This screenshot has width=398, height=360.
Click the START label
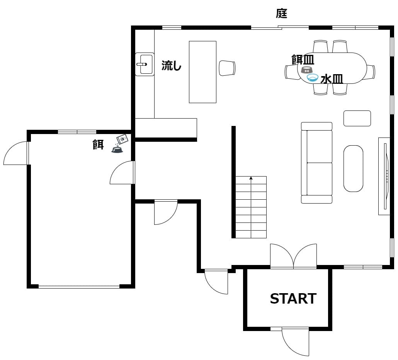point(293,299)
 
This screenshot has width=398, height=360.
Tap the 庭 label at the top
point(281,13)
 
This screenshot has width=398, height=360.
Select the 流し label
point(171,65)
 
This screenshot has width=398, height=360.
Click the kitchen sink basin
point(145,64)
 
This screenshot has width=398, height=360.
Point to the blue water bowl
point(313,78)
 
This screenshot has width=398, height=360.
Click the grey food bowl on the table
point(307,70)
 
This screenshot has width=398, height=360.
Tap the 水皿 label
point(332,79)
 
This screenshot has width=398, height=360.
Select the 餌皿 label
point(303,59)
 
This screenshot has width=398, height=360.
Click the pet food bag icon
point(122,139)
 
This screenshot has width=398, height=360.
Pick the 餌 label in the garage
point(98,144)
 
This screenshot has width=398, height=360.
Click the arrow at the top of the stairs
point(251,178)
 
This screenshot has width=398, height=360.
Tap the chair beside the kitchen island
point(227,68)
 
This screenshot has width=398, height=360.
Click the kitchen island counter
point(202,72)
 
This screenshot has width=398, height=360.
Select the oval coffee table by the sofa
point(353,168)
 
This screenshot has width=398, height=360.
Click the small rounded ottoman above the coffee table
point(357,118)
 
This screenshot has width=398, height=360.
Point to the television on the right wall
point(386,176)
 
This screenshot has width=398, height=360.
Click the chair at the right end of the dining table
point(371,72)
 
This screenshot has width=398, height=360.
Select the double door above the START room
point(293,256)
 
